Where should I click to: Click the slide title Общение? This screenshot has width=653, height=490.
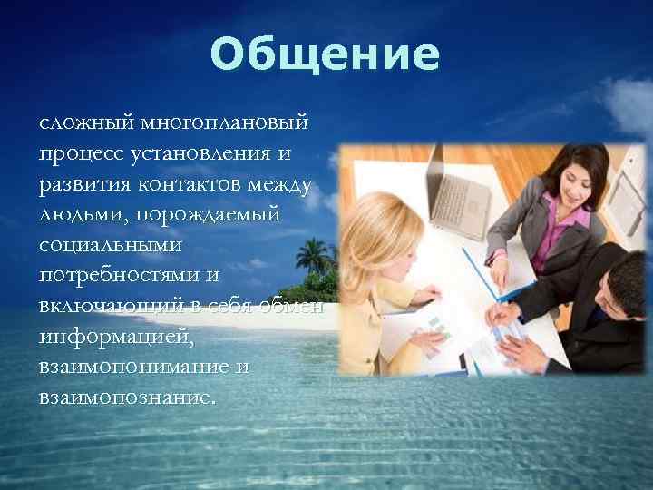(325, 55)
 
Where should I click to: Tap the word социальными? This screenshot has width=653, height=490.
(111, 245)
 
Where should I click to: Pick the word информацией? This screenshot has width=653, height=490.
(115, 338)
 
